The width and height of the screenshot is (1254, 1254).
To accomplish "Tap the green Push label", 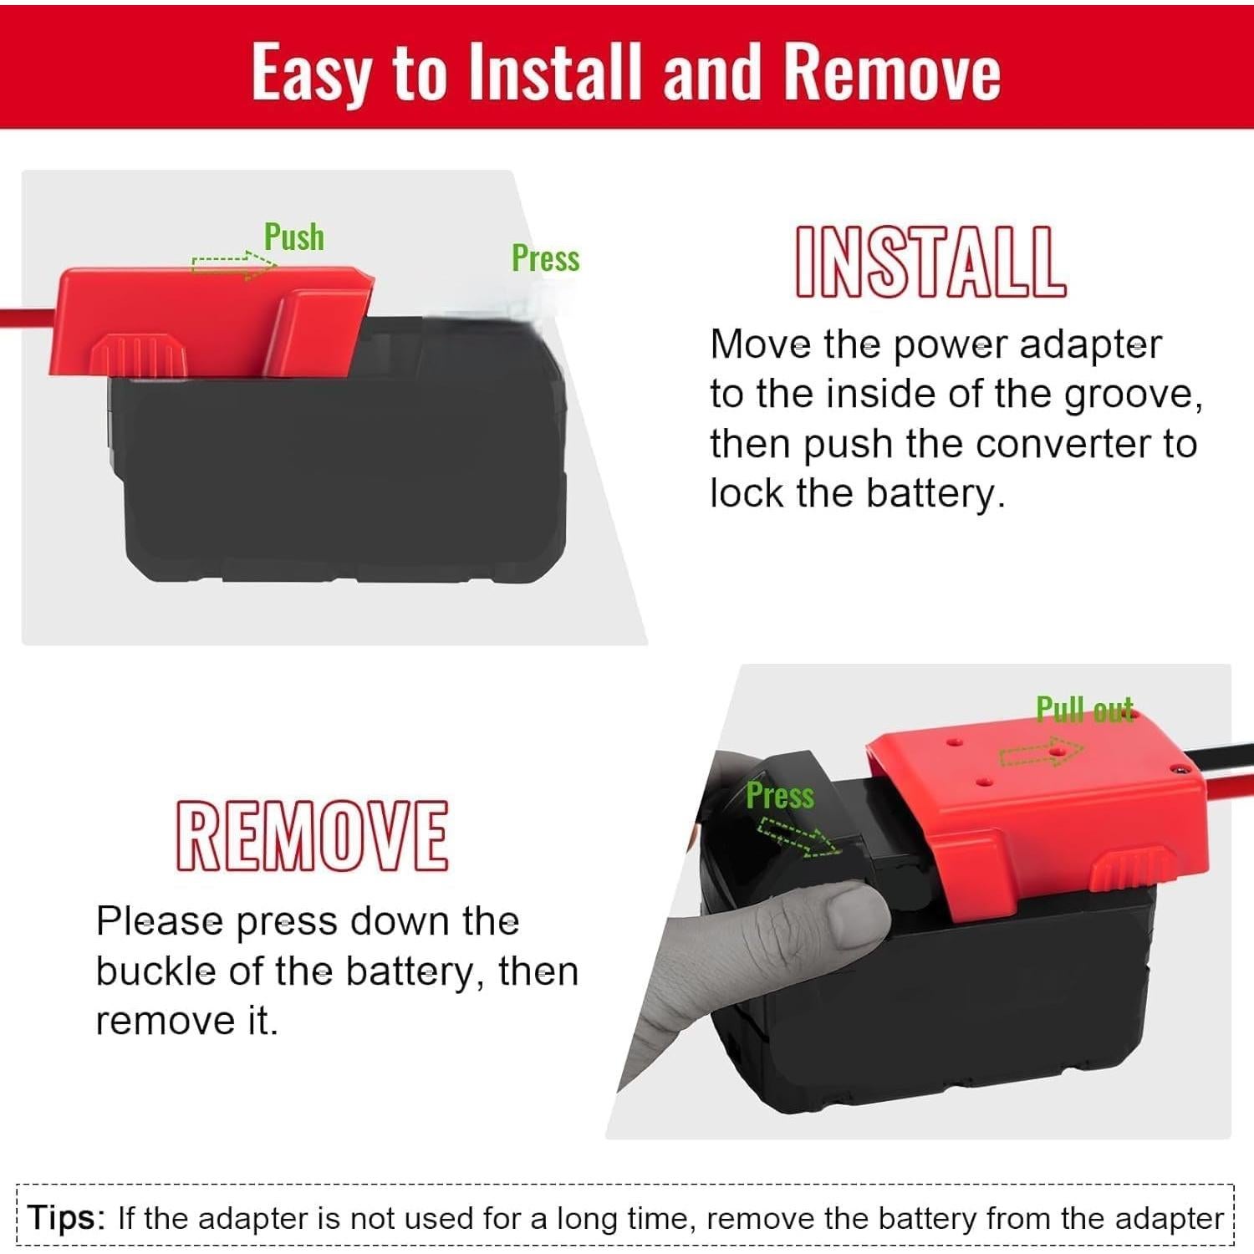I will click(293, 237).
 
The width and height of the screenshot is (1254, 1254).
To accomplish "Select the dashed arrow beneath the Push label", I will click(233, 265).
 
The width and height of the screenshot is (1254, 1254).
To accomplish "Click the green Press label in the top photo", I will click(545, 258).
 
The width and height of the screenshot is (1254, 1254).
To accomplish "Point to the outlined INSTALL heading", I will click(930, 263).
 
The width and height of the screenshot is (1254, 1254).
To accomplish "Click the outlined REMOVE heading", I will click(312, 835).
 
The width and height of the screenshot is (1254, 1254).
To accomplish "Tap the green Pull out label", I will click(1084, 710).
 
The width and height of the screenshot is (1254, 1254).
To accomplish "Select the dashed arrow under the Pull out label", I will click(1042, 753).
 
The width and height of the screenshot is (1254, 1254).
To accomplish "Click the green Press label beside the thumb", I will click(779, 795).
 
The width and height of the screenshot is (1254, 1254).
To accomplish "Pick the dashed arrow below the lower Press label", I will click(798, 838).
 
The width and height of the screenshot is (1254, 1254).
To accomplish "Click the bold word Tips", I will click(65, 1217).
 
